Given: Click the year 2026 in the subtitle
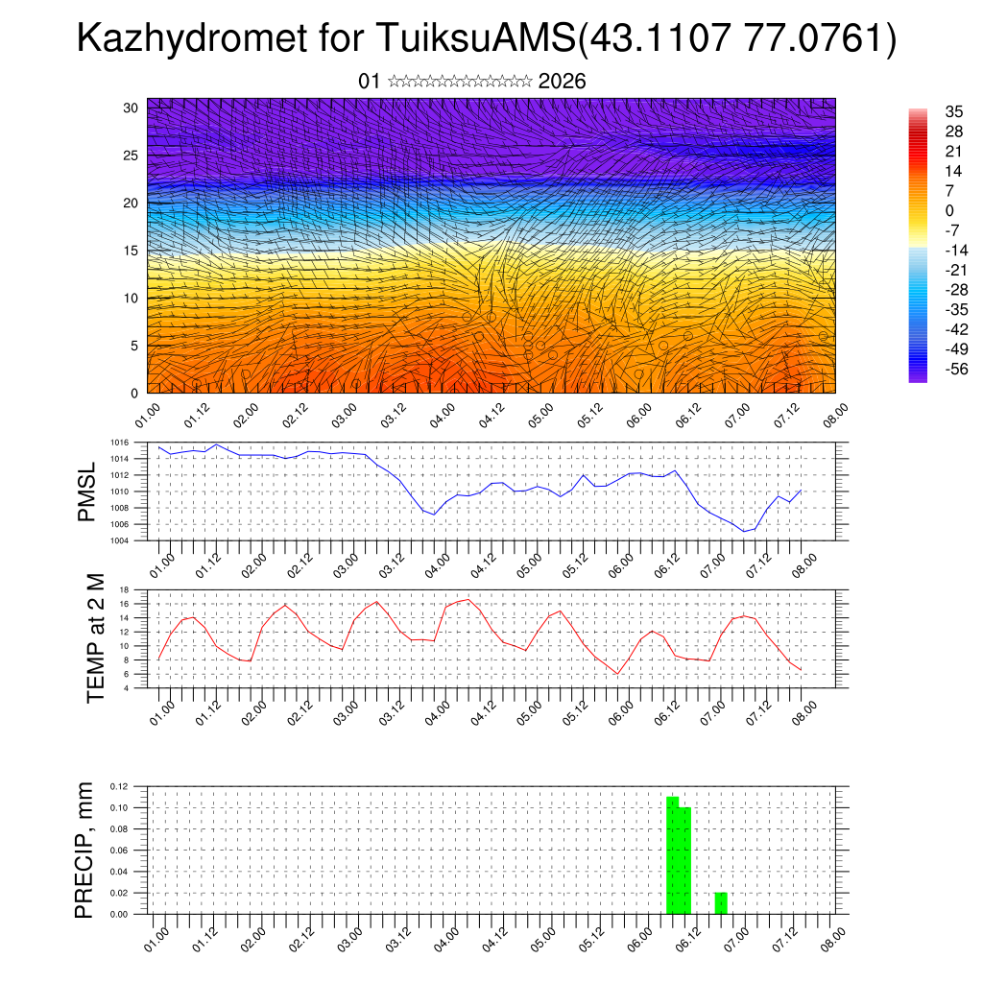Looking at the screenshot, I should coord(563,82).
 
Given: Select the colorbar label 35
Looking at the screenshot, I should coord(953,111).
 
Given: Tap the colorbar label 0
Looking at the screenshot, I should coord(949,210).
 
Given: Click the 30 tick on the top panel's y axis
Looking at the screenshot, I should coord(131,108).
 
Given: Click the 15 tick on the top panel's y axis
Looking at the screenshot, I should coord(131,251).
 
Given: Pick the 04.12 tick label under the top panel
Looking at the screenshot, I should coord(492,416).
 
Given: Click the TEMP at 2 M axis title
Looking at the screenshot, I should coord(95,638).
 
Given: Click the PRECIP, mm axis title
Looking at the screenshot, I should coord(86,849).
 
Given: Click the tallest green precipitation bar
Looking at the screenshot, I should coord(672,854).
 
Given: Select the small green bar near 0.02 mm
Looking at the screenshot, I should coord(720,903).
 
